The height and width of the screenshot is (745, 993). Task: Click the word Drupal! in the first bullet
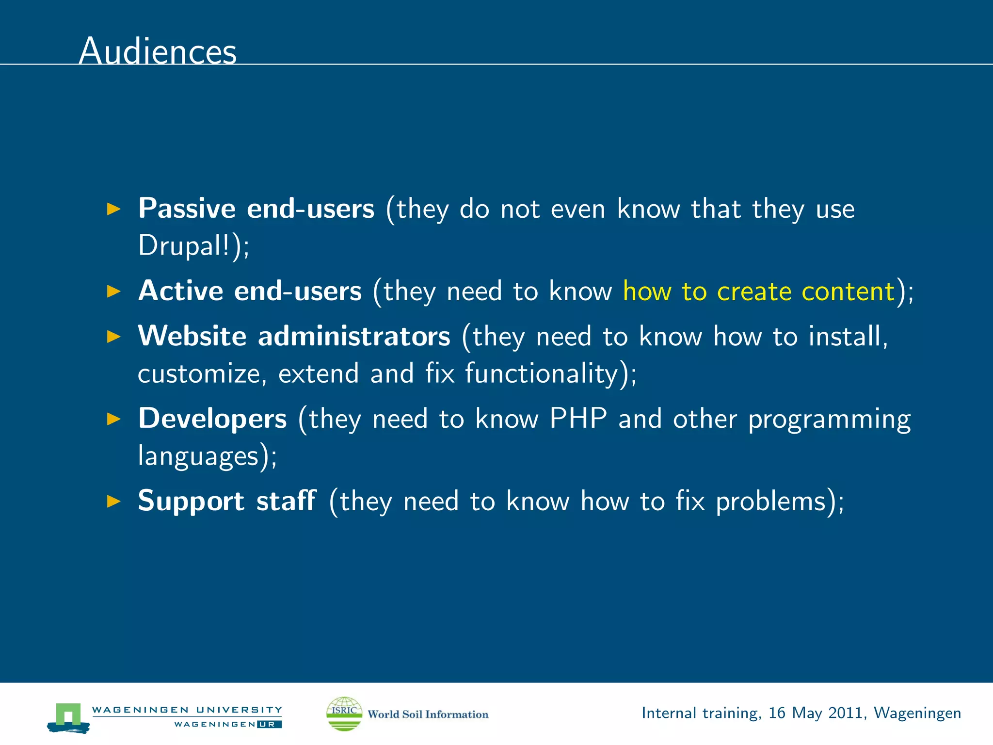click(184, 245)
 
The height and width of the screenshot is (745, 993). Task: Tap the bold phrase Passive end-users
click(256, 209)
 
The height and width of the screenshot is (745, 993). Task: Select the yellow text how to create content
click(758, 291)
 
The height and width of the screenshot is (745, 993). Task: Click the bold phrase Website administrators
click(294, 336)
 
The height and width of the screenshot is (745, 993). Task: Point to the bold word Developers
click(212, 418)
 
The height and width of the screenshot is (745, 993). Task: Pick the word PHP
click(578, 418)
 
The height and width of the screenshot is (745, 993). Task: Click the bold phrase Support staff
click(227, 501)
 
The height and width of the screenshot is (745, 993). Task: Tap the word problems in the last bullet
click(771, 502)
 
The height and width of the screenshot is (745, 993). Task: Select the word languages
click(198, 456)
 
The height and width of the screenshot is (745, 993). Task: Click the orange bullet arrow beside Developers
click(113, 419)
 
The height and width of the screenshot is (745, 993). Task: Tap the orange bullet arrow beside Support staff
click(113, 501)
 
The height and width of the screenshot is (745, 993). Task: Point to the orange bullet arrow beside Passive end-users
click(113, 209)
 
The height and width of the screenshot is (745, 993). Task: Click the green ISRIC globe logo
click(344, 713)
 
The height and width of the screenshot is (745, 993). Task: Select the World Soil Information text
click(428, 714)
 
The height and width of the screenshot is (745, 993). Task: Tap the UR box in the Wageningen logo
click(269, 724)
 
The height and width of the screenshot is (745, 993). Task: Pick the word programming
click(829, 419)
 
